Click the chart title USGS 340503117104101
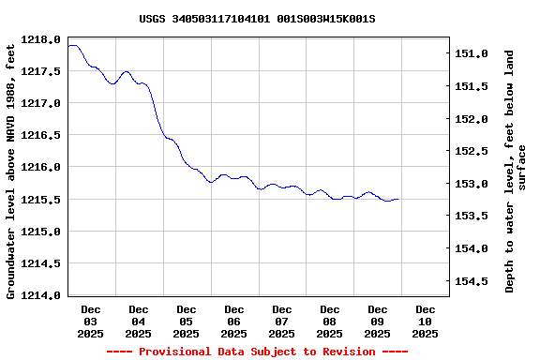point(257,19)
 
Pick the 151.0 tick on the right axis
point(472,53)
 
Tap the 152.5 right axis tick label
point(472,151)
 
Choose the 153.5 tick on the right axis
point(472,216)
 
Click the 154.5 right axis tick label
point(472,280)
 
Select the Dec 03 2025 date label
point(91,321)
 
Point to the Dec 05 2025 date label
point(187,321)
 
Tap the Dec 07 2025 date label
point(282,321)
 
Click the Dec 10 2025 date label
point(426,321)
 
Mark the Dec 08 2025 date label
point(330,321)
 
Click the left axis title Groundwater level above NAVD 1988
point(11,169)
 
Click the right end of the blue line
point(398,199)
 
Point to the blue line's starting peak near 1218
point(73,45)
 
